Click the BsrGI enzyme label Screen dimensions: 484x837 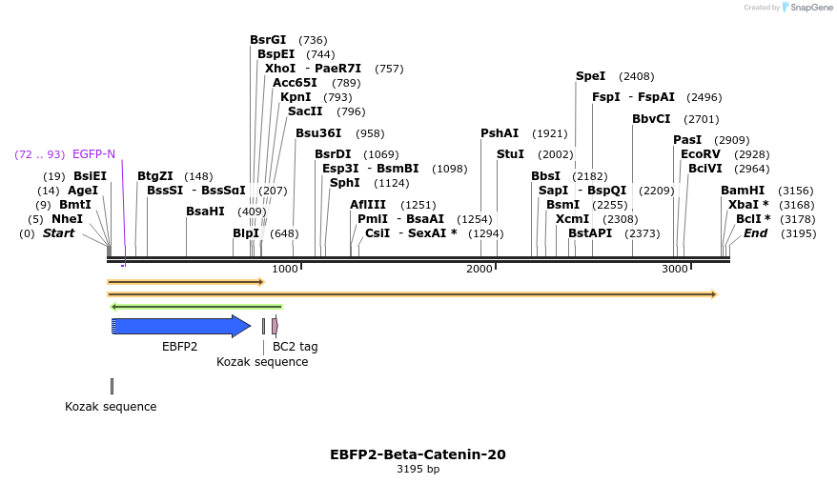coord(268,40)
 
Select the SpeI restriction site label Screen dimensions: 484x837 coord(590,76)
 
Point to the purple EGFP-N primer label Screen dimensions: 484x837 coord(93,154)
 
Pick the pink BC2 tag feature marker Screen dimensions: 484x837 coord(275,326)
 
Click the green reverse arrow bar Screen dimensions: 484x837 coord(196,307)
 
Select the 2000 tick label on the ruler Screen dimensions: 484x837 coord(480,270)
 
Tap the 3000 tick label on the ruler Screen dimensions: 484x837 coord(675,270)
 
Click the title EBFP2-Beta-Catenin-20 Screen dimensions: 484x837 coord(418,454)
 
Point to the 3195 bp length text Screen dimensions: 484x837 coord(418,469)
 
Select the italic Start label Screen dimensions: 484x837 coord(58,233)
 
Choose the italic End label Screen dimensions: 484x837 coord(755,233)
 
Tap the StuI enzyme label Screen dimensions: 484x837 coord(510,154)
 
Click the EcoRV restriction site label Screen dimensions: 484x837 coord(700,154)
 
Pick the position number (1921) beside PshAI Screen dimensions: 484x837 coord(549,133)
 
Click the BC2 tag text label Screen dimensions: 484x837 coord(296,347)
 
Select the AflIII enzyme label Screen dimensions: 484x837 coord(368,205)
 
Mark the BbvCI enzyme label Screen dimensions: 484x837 coord(651,119)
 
